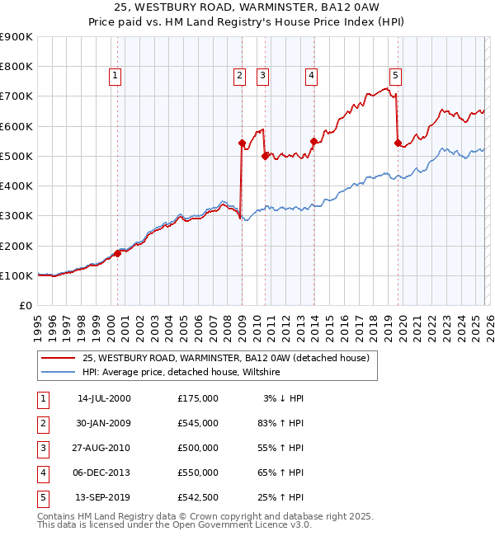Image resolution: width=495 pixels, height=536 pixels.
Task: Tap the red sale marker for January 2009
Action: (242, 143)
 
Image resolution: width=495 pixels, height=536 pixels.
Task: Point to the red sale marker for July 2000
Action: (117, 253)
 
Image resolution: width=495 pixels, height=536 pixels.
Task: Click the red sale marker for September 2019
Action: (398, 143)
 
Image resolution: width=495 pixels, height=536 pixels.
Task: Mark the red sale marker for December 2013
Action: (313, 141)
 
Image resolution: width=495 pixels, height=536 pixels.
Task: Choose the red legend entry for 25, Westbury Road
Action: (230, 358)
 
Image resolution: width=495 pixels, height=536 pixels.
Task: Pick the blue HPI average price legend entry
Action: (181, 373)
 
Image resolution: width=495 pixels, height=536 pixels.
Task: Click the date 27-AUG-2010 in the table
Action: (103, 448)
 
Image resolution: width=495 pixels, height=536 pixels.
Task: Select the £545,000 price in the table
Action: (197, 423)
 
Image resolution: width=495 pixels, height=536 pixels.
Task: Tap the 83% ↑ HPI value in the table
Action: (280, 423)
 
